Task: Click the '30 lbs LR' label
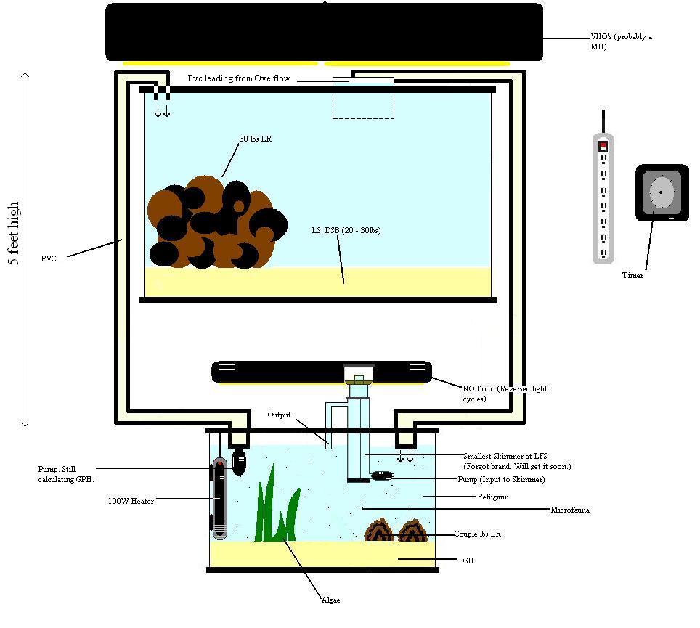pyautogui.click(x=256, y=139)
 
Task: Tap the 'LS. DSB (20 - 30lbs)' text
pyautogui.click(x=346, y=230)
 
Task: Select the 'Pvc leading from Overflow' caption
pyautogui.click(x=239, y=78)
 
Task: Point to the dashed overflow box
pyautogui.click(x=363, y=98)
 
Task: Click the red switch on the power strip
pyautogui.click(x=603, y=146)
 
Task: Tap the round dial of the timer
pyautogui.click(x=661, y=192)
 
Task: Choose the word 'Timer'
pyautogui.click(x=632, y=275)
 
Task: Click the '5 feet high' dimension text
pyautogui.click(x=14, y=233)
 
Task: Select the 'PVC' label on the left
pyautogui.click(x=49, y=258)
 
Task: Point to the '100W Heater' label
pyautogui.click(x=131, y=501)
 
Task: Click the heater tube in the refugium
pyautogui.click(x=219, y=498)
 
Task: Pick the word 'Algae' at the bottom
pyautogui.click(x=331, y=600)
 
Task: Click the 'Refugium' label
pyautogui.click(x=493, y=497)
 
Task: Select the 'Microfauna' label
pyautogui.click(x=570, y=510)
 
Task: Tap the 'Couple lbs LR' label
pyautogui.click(x=477, y=534)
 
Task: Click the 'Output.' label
pyautogui.click(x=280, y=415)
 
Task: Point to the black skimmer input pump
pyautogui.click(x=382, y=476)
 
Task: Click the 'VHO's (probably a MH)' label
pyautogui.click(x=621, y=41)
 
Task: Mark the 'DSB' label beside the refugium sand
pyautogui.click(x=465, y=560)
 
